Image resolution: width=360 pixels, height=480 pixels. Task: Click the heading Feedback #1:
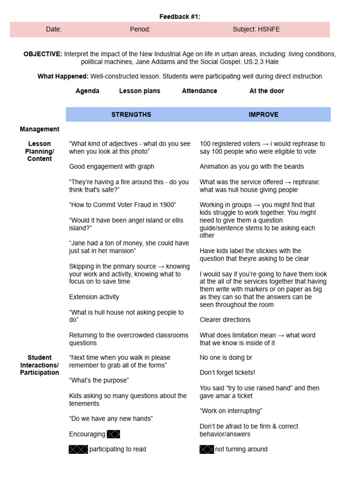tap(180, 17)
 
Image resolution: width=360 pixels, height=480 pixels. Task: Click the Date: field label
tap(54, 30)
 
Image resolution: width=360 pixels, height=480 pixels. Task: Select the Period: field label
tap(140, 30)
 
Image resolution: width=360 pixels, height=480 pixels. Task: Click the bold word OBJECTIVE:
tap(43, 54)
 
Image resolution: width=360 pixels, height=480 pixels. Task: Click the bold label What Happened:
tap(63, 76)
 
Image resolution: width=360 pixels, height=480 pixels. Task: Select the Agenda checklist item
tap(87, 91)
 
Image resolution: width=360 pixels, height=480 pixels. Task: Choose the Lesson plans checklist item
tap(140, 91)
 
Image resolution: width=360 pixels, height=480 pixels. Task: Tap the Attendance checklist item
tap(199, 91)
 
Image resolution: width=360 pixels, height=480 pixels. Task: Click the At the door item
tap(266, 91)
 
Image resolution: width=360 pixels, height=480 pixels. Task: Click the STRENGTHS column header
tap(131, 114)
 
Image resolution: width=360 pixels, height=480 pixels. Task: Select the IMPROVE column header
tap(263, 114)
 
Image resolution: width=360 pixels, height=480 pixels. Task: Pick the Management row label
tap(39, 129)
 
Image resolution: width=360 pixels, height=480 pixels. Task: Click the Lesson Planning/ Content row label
tap(39, 151)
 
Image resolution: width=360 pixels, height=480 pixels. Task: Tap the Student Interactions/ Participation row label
tap(39, 365)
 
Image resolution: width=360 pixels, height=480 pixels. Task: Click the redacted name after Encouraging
tap(113, 434)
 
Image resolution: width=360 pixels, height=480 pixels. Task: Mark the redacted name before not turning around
tap(207, 450)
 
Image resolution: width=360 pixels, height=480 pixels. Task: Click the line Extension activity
tap(94, 297)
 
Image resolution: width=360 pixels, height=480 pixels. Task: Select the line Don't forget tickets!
tap(227, 373)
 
